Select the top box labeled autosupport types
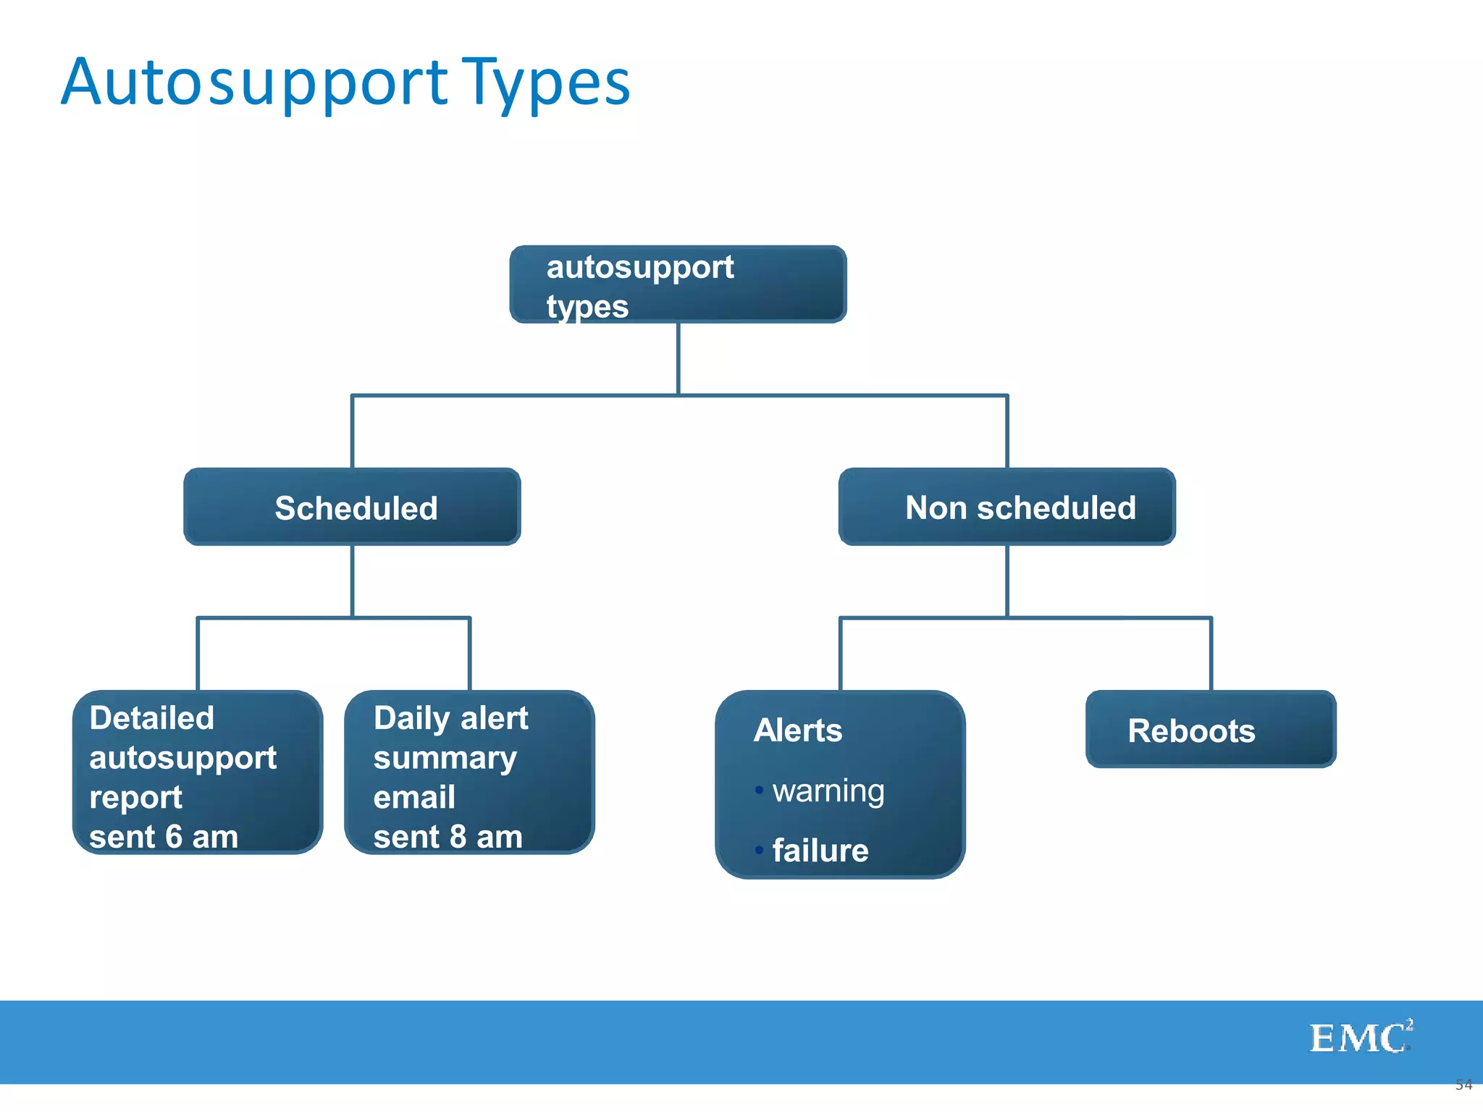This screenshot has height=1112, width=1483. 678,285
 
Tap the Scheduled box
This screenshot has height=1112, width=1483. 352,507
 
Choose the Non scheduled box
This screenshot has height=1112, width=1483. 1007,507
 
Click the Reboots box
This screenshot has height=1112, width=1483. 1211,729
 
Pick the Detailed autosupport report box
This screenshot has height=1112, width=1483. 197,772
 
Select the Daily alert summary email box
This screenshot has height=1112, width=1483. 469,772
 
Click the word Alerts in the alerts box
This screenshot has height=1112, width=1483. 798,730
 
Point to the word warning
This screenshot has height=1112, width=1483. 828,791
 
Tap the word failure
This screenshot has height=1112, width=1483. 820,851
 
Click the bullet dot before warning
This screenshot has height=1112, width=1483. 759,790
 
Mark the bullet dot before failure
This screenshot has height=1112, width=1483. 759,850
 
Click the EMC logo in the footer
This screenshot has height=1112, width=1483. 1360,1038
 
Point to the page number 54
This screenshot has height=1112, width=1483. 1463,1084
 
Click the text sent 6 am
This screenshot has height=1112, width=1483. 164,837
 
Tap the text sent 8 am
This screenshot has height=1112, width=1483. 448,837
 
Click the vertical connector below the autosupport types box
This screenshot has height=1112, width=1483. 678,358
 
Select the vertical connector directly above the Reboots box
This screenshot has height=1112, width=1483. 1211,654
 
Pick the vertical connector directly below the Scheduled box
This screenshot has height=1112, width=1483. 353,581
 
